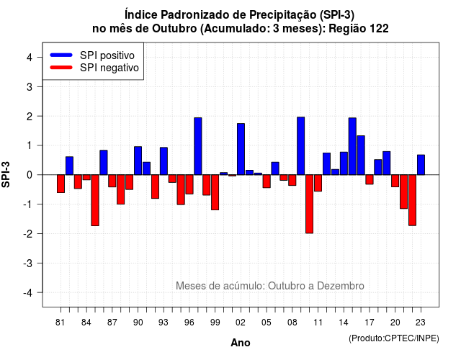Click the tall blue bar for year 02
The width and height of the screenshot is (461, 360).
(x=241, y=149)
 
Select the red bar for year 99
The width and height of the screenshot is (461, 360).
(x=215, y=192)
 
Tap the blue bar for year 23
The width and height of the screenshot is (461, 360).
(x=421, y=165)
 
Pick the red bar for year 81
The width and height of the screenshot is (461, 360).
(x=61, y=184)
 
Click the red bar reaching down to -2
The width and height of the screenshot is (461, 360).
(x=309, y=204)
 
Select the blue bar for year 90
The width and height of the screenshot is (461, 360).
(x=138, y=161)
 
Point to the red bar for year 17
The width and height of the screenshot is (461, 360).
(x=370, y=179)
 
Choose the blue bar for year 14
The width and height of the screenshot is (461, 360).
(x=344, y=163)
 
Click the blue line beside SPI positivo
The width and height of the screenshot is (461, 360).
(x=61, y=55)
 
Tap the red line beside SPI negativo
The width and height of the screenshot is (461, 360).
(x=61, y=68)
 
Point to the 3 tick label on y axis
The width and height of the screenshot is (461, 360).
(x=30, y=87)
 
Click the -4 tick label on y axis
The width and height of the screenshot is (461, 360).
(x=28, y=293)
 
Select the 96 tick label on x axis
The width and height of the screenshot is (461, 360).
(x=189, y=323)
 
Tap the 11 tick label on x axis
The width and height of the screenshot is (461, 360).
(x=318, y=323)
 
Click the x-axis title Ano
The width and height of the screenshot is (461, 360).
(x=240, y=343)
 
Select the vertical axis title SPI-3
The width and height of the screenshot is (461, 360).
(x=6, y=175)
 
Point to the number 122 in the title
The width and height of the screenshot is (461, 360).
(x=380, y=29)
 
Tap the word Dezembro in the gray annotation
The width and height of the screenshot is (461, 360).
(x=341, y=286)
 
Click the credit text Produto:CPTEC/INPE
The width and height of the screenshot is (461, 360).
(x=394, y=338)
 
